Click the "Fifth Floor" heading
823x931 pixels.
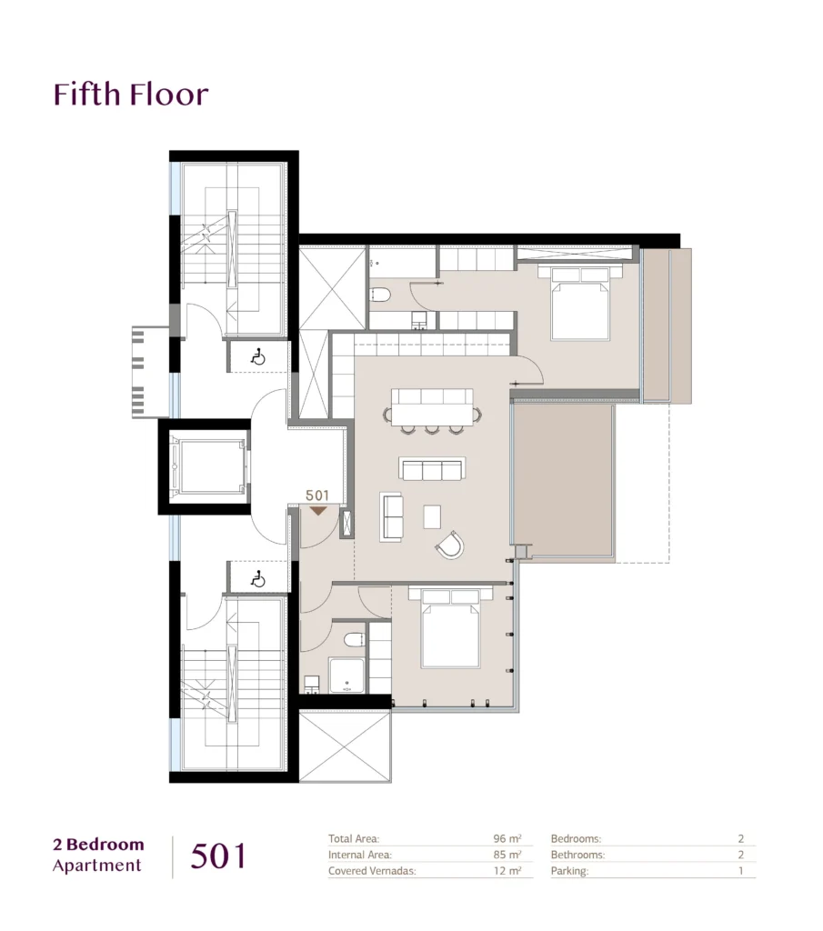(131, 95)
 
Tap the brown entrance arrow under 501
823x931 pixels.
(318, 510)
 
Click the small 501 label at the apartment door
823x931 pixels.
(317, 496)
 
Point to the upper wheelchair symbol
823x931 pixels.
(258, 357)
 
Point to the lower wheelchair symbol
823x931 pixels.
(258, 578)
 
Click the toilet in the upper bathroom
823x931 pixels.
(379, 294)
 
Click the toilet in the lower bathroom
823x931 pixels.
(354, 639)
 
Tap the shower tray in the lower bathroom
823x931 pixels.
(346, 676)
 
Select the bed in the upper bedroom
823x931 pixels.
(580, 303)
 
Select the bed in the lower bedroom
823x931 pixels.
(450, 627)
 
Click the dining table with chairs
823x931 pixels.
(432, 411)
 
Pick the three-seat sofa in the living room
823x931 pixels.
(432, 469)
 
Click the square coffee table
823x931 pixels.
(432, 516)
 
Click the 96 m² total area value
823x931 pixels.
(507, 838)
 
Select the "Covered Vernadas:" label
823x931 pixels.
(372, 871)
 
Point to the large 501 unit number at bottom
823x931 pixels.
(218, 856)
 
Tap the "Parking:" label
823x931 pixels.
(569, 871)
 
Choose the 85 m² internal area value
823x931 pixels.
(507, 855)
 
